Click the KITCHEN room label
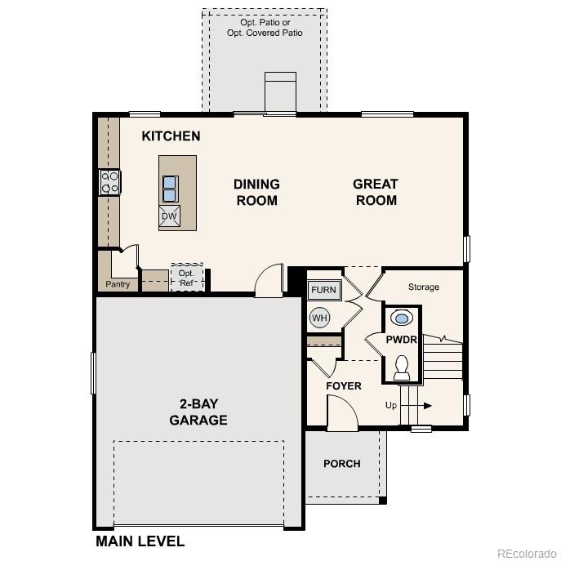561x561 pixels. click(x=171, y=136)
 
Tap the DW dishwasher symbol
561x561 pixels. click(x=170, y=216)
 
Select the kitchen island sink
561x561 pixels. click(x=171, y=189)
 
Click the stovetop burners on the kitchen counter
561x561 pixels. click(x=109, y=181)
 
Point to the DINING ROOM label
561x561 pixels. click(x=256, y=192)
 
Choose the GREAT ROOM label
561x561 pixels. click(x=376, y=192)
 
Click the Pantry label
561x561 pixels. click(x=118, y=285)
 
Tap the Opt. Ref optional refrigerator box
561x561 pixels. click(x=187, y=278)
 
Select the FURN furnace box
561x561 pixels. click(x=323, y=290)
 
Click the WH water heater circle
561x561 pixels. click(x=318, y=317)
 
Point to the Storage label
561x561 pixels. click(x=424, y=287)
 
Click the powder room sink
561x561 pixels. click(x=402, y=317)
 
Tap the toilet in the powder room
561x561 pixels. click(x=402, y=367)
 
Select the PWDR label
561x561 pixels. click(x=402, y=340)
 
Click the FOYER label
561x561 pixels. click(x=343, y=385)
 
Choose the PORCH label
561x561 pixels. click(x=341, y=464)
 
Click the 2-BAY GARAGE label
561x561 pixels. click(x=198, y=412)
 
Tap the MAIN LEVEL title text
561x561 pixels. click(x=140, y=541)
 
